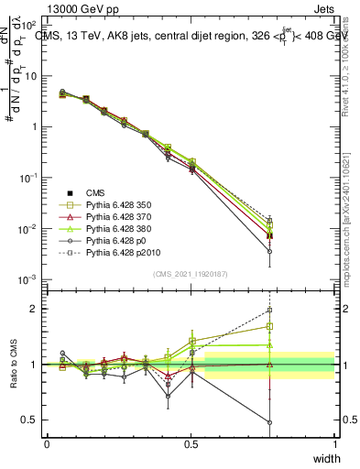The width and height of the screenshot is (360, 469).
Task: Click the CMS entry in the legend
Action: tap(95, 191)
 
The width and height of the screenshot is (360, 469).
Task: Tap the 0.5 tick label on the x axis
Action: tap(191, 444)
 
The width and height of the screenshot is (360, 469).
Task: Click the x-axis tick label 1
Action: tap(334, 444)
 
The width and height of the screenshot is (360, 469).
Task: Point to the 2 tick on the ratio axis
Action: tap(36, 309)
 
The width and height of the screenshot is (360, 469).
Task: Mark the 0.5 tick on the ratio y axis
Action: tap(31, 420)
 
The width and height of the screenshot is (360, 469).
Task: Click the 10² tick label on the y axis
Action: tap(29, 25)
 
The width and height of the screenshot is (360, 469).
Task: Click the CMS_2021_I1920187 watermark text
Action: tap(190, 274)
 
